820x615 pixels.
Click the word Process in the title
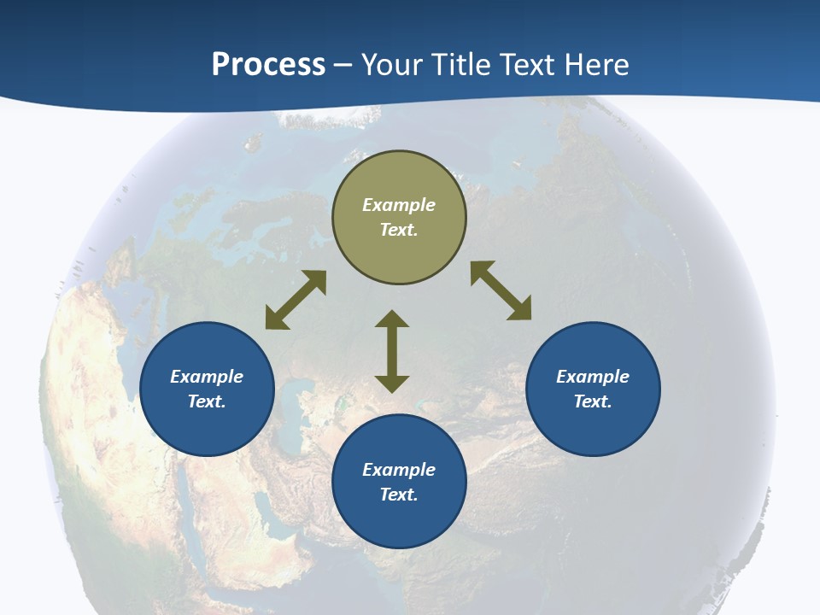pyautogui.click(x=268, y=65)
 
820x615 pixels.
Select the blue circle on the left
pyautogui.click(x=207, y=419)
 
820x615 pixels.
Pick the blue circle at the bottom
pyautogui.click(x=399, y=521)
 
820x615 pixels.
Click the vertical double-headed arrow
pyautogui.click(x=392, y=351)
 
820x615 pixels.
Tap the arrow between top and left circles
pyautogui.click(x=296, y=300)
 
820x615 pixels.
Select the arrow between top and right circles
pyautogui.click(x=501, y=290)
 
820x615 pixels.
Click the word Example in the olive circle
pyautogui.click(x=399, y=205)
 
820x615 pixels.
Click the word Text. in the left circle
pyautogui.click(x=207, y=401)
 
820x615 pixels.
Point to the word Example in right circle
pyautogui.click(x=593, y=377)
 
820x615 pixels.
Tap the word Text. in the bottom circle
pyautogui.click(x=399, y=495)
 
